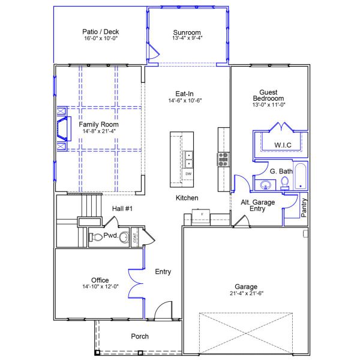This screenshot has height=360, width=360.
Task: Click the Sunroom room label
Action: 187,32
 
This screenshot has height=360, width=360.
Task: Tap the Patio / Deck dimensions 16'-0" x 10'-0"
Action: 101,38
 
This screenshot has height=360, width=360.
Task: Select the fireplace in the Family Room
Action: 64,128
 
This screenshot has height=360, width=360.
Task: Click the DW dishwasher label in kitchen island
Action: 188,174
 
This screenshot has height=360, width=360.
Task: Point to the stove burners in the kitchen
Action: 223,160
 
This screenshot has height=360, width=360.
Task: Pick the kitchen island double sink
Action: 188,160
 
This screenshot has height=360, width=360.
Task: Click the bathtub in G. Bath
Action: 301,176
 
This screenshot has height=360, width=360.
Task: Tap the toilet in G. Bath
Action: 284,184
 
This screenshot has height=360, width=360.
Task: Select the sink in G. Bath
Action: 266,185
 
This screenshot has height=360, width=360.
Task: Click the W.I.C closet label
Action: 283,145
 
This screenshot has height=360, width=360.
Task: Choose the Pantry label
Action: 304,208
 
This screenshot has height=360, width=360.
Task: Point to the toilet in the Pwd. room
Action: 95,237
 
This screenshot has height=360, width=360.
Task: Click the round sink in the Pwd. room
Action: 124,237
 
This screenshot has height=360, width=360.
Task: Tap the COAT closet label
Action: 135,238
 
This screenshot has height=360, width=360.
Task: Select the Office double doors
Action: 136,284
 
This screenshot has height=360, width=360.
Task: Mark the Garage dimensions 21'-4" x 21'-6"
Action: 247,293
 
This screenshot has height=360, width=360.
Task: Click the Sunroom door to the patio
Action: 153,52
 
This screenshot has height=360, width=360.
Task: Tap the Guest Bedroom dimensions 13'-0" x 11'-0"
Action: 269,104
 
